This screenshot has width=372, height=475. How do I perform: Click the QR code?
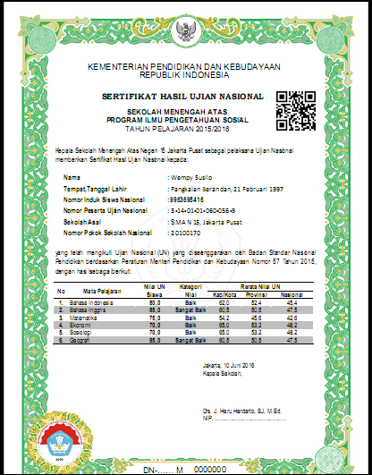296,107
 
